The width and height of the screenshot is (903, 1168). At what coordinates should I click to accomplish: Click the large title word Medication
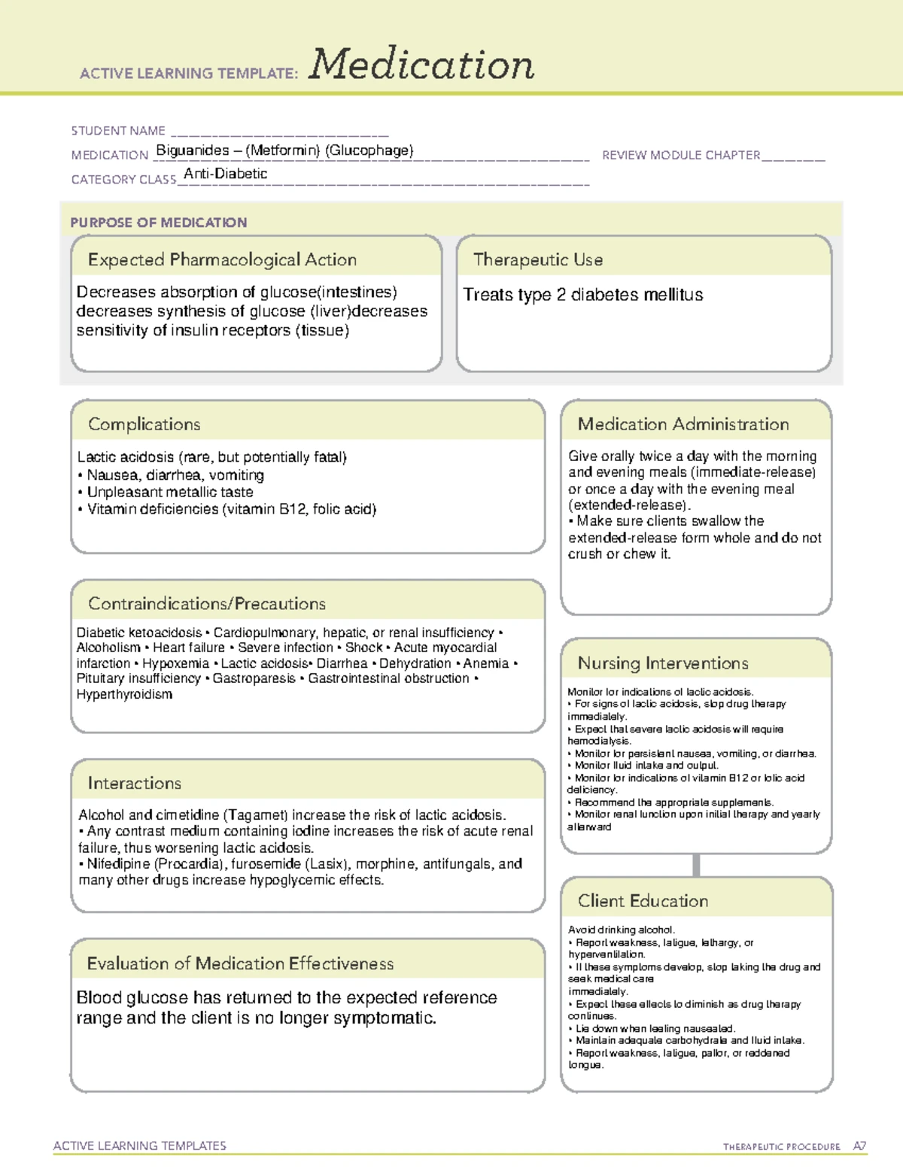tap(421, 65)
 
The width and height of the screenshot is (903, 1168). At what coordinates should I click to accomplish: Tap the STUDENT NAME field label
tap(118, 131)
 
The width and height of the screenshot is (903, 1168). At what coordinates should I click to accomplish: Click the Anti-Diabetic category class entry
tap(226, 174)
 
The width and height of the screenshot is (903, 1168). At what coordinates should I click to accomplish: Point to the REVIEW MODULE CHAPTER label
tap(681, 155)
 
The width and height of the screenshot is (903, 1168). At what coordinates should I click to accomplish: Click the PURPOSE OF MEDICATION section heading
tap(159, 223)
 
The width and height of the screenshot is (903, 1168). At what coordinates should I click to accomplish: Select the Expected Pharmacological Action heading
tap(222, 260)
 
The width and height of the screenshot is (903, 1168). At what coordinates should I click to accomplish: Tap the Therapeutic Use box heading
tap(538, 260)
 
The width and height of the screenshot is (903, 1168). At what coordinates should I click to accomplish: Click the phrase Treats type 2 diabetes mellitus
tap(582, 295)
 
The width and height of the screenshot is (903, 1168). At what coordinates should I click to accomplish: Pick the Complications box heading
tap(144, 424)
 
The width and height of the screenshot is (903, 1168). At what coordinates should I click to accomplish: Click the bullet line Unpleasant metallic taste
tap(170, 492)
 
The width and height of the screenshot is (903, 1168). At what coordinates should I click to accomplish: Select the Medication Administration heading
tap(683, 424)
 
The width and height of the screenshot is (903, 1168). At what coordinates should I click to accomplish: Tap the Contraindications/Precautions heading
tap(207, 604)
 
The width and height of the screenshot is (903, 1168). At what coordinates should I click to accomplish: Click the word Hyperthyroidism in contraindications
tap(124, 694)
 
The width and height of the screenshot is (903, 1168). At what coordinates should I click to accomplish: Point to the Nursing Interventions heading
tap(663, 663)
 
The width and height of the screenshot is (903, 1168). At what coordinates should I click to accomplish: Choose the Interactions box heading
tap(135, 784)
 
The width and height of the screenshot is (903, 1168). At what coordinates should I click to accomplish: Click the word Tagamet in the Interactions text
tap(256, 815)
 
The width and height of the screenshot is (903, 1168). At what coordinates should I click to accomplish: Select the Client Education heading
tap(643, 901)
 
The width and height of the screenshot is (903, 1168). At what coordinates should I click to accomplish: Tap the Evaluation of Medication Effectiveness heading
tap(240, 964)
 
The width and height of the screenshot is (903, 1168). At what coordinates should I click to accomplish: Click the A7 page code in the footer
tap(859, 1146)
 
